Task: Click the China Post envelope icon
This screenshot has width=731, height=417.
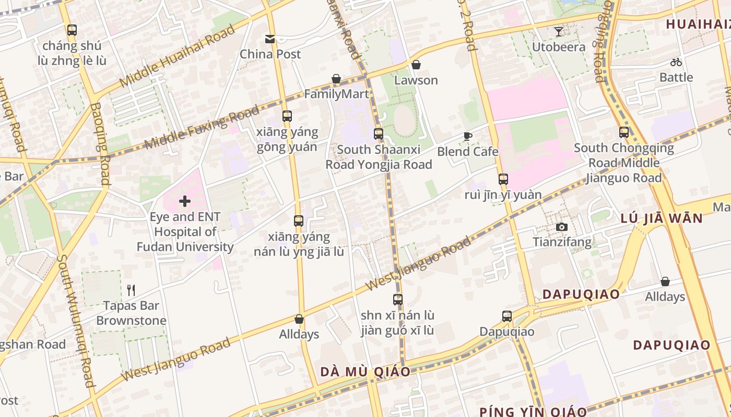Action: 270,39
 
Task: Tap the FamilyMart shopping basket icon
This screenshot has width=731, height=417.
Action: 336,79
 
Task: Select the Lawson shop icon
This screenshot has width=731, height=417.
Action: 416,65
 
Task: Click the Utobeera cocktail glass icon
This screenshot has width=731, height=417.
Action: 559,32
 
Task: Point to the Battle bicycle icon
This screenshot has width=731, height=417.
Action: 676,62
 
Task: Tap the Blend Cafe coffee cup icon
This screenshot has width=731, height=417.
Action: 468,137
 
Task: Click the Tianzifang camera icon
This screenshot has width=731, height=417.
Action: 562,227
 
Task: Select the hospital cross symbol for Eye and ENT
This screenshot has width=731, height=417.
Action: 185,201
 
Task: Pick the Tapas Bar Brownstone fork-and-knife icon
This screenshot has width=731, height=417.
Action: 131,290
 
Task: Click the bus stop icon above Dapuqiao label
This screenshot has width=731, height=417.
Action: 506,316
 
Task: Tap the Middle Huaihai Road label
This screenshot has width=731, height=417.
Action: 178,56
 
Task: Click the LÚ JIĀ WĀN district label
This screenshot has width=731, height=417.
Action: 662,218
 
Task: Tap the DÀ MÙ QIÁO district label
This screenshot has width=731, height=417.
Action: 365,372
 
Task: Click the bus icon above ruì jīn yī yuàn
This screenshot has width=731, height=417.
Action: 503,179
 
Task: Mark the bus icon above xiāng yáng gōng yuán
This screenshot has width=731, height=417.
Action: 287,116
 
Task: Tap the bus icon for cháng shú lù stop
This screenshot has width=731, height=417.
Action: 72,30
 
